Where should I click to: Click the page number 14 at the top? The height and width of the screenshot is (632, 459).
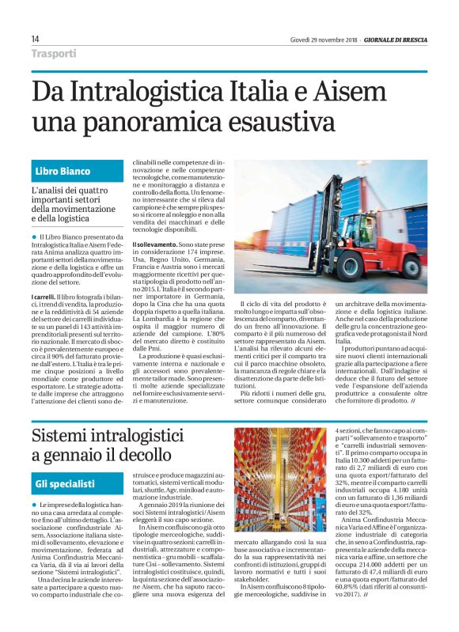(x=36, y=40)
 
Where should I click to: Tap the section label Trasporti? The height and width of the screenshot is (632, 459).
(x=54, y=54)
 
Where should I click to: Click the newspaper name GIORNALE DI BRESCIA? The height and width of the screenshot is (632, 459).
(x=396, y=40)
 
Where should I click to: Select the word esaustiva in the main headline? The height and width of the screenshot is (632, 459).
(x=259, y=124)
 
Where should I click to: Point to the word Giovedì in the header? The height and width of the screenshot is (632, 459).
(x=302, y=40)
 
